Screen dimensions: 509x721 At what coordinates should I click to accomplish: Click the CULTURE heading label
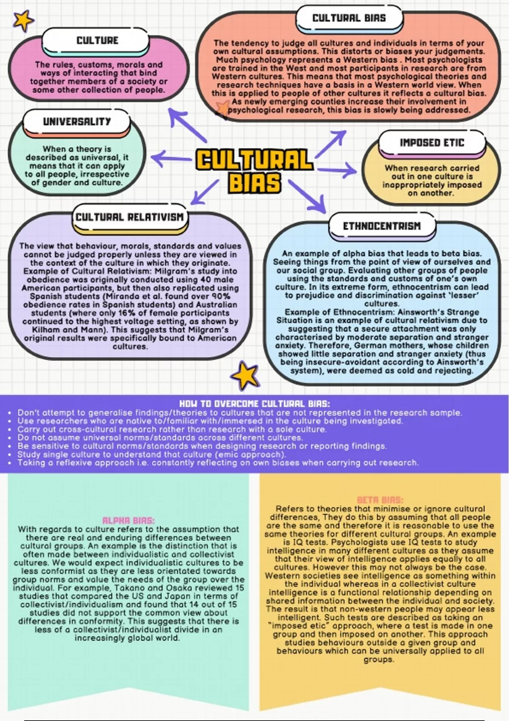97,41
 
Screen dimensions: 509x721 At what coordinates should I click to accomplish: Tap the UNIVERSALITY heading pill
77,122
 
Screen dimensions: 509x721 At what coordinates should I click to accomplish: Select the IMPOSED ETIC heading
432,143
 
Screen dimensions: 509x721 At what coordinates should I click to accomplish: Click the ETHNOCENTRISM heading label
382,226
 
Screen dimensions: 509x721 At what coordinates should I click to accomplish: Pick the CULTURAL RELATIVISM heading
130,217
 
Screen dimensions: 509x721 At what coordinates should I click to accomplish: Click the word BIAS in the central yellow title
255,182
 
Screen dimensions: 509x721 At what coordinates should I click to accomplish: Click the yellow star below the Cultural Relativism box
245,375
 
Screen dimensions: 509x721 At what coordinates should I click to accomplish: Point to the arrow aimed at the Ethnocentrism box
307,196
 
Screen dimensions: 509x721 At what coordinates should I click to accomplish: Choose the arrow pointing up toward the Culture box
187,125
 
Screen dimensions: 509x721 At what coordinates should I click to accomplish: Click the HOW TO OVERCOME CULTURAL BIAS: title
255,404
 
